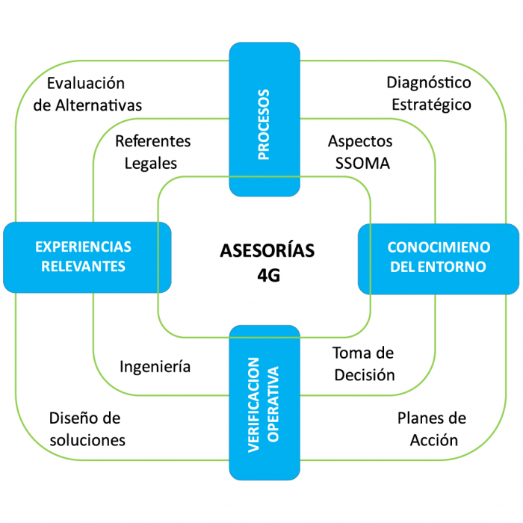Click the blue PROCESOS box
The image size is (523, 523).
click(x=264, y=120)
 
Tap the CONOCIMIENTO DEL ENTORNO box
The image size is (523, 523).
click(x=439, y=256)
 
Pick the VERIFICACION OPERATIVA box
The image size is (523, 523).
click(x=264, y=403)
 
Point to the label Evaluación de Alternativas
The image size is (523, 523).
click(x=87, y=94)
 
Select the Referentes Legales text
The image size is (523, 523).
click(x=152, y=152)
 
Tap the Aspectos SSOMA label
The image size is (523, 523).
click(x=359, y=152)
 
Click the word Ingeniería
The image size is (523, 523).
click(x=155, y=366)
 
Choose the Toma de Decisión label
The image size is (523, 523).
click(x=363, y=363)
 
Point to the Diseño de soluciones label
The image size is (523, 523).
click(x=87, y=429)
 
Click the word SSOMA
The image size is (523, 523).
click(x=359, y=163)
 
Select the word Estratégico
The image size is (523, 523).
click(x=431, y=105)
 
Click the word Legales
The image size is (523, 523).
click(x=152, y=163)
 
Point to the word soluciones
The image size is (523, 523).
click(x=87, y=440)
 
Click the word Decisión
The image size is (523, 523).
click(x=363, y=374)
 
